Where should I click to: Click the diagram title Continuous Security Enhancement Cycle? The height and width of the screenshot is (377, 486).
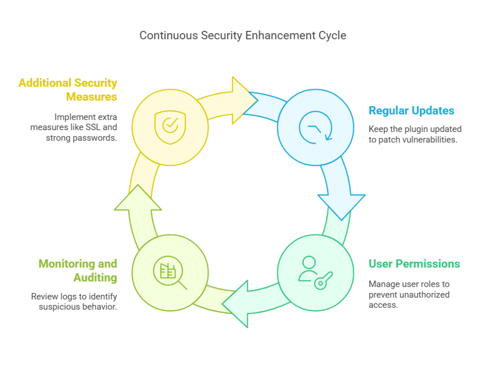pos(243,35)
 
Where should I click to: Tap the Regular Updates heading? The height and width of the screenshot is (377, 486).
pos(411,111)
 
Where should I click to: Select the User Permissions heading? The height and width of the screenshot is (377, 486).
pos(414,264)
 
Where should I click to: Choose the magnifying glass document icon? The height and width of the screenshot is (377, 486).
pos(170,274)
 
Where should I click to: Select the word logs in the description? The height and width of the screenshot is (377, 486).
pos(67,296)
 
